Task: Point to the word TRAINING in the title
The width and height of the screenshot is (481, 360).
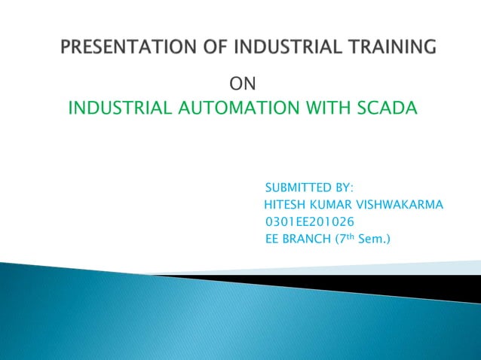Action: tap(394, 48)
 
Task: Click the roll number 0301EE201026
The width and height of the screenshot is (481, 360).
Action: tap(309, 222)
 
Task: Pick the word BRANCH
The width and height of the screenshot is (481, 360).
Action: tap(308, 240)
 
